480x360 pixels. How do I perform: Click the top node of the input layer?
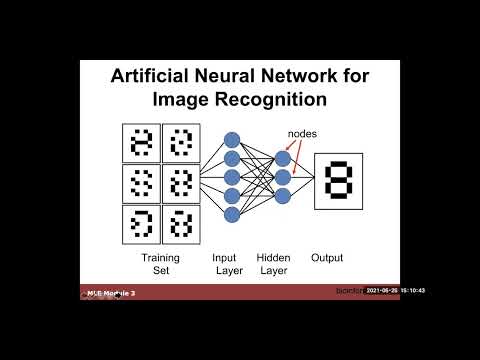point(232,140)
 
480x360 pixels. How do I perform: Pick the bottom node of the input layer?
point(232,214)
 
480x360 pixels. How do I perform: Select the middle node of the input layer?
point(232,177)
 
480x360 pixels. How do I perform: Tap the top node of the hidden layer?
point(283,158)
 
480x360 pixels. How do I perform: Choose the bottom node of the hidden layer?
point(283,196)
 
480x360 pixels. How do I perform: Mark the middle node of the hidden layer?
point(283,177)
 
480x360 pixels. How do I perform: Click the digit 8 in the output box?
point(338,181)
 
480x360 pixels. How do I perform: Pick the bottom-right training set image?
point(181,224)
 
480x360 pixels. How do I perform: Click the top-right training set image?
point(181,143)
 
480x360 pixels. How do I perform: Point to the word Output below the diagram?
point(327,258)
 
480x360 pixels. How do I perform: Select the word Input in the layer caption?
point(225,258)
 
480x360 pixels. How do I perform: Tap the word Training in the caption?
point(160,258)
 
